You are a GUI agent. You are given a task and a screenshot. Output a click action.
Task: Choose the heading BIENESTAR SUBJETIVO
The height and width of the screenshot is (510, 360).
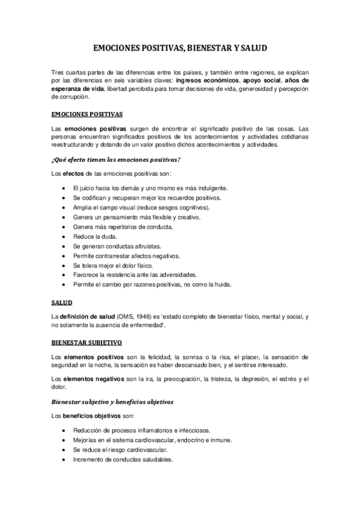[x=87, y=342]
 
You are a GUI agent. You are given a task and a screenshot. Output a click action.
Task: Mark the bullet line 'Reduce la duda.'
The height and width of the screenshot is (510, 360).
[x=91, y=236]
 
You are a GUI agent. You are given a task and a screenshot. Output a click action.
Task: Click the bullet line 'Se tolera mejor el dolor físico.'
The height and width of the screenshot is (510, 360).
[x=112, y=265]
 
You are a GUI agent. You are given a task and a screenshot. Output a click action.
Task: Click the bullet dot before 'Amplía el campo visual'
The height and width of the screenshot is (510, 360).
[x=64, y=207]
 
